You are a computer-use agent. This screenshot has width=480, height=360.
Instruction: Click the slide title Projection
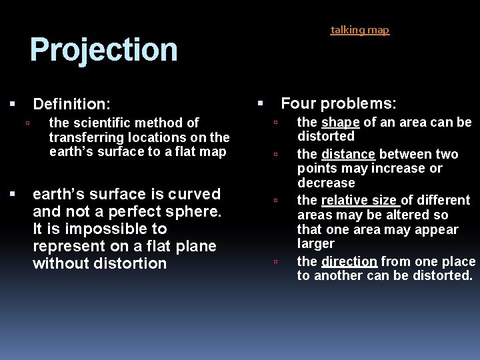[x=103, y=50]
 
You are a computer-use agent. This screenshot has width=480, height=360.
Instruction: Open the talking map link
[x=360, y=30]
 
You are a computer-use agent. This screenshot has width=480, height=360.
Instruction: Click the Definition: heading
[x=72, y=104]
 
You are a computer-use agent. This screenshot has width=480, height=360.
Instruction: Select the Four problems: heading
[x=339, y=103]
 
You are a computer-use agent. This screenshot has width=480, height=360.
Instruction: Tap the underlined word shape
[x=341, y=122]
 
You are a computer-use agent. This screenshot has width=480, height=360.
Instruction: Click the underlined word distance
[x=348, y=154]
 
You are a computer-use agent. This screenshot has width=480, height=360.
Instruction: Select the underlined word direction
[x=349, y=261]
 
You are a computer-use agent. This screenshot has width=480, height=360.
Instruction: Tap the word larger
[x=315, y=244]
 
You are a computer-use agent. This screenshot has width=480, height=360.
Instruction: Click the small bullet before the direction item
[x=275, y=262]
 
